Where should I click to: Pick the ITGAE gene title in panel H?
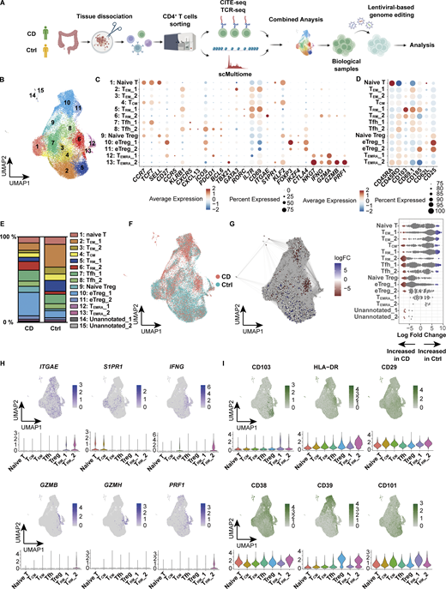point(41,370)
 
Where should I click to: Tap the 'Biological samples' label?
point(349,65)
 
